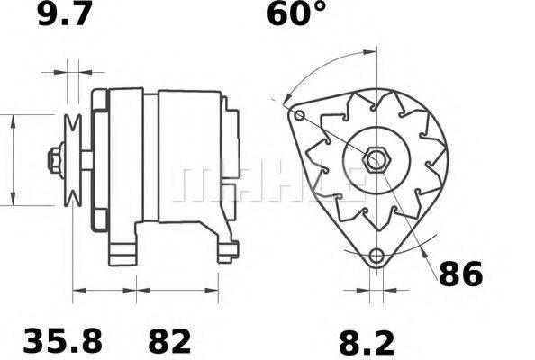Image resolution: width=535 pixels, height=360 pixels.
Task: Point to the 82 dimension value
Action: point(168,341)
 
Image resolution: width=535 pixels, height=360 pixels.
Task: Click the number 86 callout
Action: point(460,274)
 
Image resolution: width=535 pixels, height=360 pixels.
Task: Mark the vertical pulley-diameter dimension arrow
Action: point(14,159)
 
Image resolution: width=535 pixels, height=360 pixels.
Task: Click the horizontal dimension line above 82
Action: point(177,291)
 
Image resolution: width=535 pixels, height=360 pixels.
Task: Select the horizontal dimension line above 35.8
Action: point(104,291)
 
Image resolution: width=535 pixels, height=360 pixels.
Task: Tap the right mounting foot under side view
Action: point(227,247)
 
